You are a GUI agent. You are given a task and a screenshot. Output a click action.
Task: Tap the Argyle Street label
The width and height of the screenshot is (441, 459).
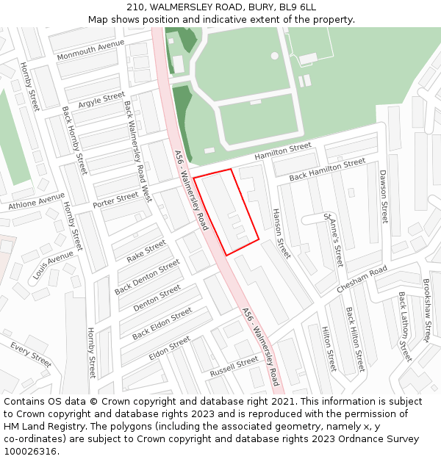coord(101,99)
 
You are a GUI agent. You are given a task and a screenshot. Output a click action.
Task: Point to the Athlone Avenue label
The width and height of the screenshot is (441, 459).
coord(37,200)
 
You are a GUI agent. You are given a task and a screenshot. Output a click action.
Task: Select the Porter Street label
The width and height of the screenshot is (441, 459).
coord(115,198)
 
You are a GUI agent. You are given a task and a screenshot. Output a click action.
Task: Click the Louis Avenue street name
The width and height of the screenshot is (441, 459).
coord(53,265)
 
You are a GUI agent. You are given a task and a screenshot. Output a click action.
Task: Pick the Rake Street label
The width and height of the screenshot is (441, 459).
coord(146,251)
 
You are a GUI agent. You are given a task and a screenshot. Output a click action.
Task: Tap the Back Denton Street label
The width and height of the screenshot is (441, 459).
coord(147,277)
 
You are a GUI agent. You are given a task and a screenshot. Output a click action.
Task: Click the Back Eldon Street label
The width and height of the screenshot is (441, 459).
coord(162,324)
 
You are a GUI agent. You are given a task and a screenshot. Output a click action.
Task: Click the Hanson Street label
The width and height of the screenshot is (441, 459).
coord(282,232)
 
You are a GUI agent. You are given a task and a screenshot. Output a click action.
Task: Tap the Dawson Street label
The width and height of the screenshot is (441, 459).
coord(383,196)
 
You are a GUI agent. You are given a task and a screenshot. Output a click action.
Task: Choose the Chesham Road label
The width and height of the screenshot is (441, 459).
coord(362,280)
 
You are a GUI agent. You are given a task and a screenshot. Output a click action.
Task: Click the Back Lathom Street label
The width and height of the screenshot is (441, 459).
coord(404,326)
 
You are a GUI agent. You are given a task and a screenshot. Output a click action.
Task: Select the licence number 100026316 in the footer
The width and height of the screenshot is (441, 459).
coord(30,452)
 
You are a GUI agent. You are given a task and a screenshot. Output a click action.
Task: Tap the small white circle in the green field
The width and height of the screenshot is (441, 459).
coord(274,56)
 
